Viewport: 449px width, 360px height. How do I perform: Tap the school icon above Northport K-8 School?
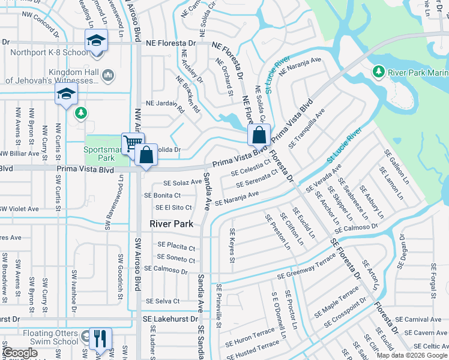[x=95, y=40]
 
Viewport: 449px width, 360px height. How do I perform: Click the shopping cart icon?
[x=133, y=143]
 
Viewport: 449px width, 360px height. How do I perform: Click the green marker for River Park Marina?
[x=378, y=72]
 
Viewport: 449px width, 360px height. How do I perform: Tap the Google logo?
[x=20, y=353]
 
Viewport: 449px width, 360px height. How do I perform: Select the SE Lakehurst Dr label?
[x=170, y=319]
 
